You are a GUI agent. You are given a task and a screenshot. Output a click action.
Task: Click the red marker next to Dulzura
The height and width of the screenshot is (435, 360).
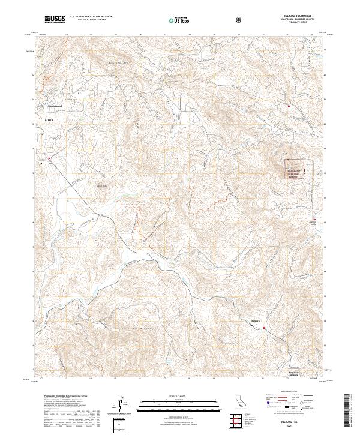click(264, 328)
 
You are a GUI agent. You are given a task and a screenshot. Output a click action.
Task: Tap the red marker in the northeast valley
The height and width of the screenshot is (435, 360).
click(289, 107)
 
